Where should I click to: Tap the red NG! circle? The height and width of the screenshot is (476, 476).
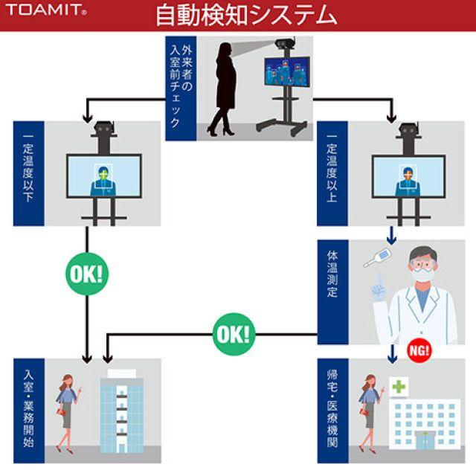point(419,350)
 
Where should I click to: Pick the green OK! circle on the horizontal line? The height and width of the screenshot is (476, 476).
point(233,332)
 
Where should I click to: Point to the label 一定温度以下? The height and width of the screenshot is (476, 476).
point(28,173)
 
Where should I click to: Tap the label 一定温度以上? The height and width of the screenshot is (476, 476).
point(331,173)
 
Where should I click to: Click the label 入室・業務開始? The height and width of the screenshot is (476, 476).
point(28,410)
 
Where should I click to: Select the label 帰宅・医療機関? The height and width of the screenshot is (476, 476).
point(331,410)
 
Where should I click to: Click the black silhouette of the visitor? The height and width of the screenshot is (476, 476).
point(225,88)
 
